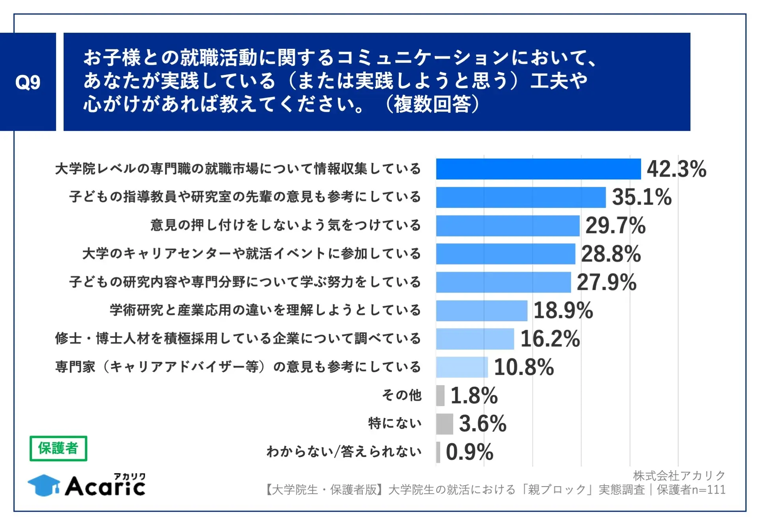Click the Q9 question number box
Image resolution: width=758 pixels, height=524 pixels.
point(28,82)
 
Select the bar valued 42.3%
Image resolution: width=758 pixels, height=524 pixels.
point(538,169)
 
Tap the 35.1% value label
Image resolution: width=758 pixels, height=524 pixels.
point(642,197)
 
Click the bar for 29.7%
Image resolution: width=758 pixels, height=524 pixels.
point(507,226)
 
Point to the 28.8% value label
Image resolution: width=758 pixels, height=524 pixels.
point(611,254)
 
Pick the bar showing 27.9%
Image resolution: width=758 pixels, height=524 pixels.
point(503,282)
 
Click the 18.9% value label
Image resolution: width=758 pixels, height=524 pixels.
point(563,310)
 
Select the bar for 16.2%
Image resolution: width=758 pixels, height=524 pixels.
point(475,339)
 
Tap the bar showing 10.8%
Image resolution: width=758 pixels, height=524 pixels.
point(462,367)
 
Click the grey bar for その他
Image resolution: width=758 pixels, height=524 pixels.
point(440,395)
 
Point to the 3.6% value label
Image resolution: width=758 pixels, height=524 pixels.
point(482,424)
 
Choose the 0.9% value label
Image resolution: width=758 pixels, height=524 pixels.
point(469,452)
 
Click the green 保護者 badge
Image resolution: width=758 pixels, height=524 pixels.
point(58,448)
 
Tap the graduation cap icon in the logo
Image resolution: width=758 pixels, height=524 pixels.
point(44,485)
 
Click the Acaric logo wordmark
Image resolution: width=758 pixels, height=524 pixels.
point(105,486)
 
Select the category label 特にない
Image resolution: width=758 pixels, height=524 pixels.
point(395,423)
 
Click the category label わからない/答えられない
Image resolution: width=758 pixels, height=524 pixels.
point(344,452)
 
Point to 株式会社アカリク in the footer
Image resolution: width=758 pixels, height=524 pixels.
point(679,476)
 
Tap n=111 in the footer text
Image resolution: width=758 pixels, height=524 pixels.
point(709,490)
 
